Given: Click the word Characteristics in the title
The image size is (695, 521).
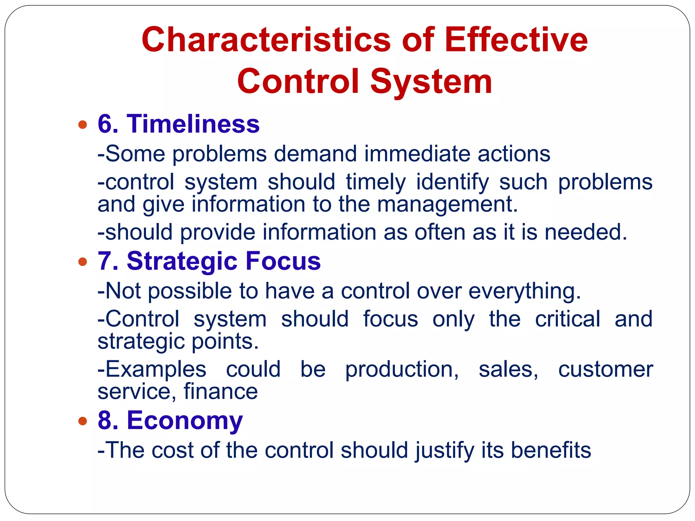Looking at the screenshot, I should point(266,40).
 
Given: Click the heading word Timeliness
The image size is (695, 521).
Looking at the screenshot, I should point(193,124).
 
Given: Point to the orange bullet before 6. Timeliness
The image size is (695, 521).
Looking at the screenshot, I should point(82,124).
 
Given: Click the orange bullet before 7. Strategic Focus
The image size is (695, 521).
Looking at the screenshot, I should point(82,262).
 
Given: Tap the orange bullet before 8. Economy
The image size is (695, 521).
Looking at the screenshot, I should point(82,421).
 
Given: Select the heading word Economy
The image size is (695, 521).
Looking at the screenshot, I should point(185,421).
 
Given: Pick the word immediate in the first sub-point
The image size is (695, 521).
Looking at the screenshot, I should point(417,154).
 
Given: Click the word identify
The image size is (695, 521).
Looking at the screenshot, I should point(452,182).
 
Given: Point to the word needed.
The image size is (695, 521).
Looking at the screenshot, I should point(586,232).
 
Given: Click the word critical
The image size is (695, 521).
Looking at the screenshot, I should point(567,319).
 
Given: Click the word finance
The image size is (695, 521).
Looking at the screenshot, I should point(221,391).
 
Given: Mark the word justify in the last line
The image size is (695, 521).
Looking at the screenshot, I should point(444,450).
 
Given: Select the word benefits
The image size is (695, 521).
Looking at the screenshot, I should point(551,450).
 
